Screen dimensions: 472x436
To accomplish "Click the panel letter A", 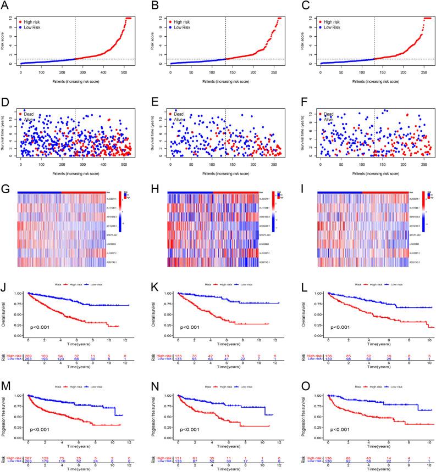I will [4, 4].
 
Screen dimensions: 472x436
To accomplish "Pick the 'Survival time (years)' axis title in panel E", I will [157, 131].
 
